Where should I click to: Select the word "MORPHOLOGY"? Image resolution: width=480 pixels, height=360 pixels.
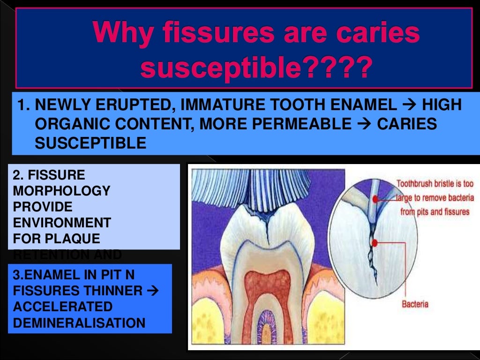tap(60, 191)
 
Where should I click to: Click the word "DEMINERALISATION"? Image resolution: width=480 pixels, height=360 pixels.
tap(79, 322)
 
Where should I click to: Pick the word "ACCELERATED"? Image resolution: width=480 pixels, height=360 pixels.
tap(63, 307)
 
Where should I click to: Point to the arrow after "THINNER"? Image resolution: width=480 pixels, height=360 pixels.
tap(153, 291)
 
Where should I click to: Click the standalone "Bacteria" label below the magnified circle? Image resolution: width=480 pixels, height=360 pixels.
tap(415, 304)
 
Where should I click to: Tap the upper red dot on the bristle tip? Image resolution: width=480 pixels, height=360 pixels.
tap(375, 199)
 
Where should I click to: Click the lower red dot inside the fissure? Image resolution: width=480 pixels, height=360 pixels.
tap(375, 243)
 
